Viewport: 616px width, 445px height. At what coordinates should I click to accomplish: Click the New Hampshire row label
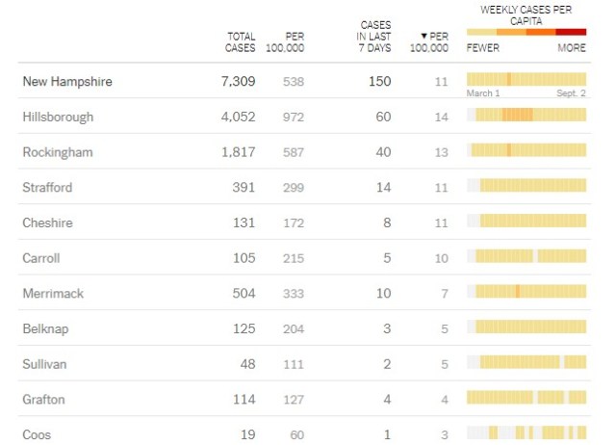pos(67,82)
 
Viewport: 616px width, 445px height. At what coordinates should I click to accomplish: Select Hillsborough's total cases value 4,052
pos(237,117)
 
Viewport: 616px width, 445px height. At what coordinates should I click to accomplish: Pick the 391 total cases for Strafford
pos(244,187)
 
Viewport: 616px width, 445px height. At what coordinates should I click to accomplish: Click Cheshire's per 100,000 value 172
pos(293,222)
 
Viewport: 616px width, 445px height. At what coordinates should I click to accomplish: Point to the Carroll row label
pos(41,258)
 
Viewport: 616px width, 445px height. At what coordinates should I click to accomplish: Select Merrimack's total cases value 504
pos(244,293)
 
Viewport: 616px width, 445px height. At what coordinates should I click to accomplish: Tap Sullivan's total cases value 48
pos(247,364)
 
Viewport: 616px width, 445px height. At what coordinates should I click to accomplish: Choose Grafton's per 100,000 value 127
pos(293,399)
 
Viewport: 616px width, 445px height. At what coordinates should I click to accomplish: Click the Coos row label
pos(37,434)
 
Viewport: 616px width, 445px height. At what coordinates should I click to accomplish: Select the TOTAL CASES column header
pos(241,41)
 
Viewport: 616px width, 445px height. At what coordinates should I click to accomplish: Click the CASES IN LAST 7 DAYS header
pos(375,36)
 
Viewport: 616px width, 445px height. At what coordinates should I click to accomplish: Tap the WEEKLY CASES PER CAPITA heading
pos(526,14)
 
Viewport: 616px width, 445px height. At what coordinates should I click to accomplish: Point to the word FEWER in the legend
pos(482,47)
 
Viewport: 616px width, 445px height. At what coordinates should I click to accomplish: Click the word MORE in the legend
pos(571,47)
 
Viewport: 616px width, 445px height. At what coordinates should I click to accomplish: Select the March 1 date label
pos(483,93)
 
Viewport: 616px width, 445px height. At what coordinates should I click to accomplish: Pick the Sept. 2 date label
pos(571,93)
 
